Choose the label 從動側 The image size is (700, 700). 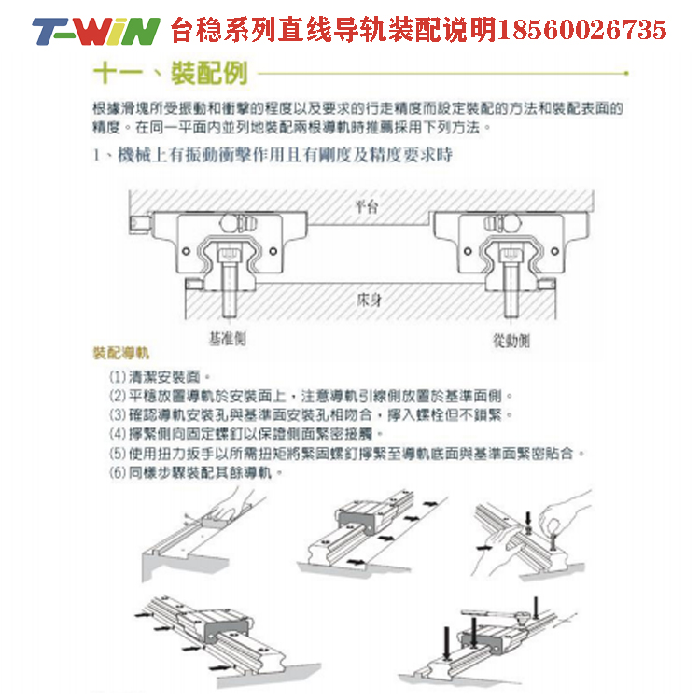(x=511, y=341)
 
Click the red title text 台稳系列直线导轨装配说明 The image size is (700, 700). (x=332, y=31)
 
